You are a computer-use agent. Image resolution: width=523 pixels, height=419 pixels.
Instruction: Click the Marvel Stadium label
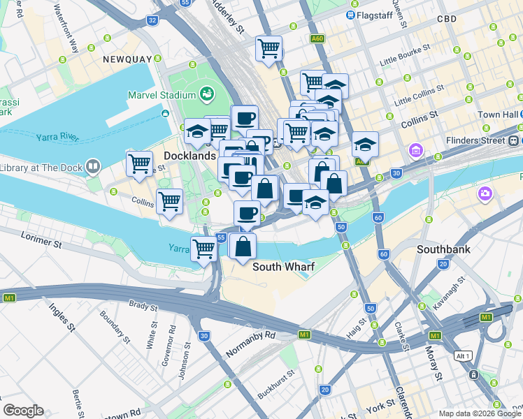pyautogui.click(x=162, y=96)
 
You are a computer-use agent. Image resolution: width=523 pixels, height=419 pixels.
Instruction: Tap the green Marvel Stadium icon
pyautogui.click(x=206, y=94)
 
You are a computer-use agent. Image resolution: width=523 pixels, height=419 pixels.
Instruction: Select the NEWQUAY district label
pyautogui.click(x=127, y=59)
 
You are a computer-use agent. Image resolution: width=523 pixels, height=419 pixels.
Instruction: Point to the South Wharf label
pyautogui.click(x=283, y=267)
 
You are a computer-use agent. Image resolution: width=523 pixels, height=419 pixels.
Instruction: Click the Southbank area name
pyautogui.click(x=443, y=249)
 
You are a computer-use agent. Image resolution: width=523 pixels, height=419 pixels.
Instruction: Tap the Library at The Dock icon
pyautogui.click(x=92, y=167)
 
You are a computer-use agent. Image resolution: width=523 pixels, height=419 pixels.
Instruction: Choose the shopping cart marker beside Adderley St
pyautogui.click(x=268, y=49)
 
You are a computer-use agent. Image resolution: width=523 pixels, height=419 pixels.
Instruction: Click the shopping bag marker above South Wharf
pyautogui.click(x=243, y=247)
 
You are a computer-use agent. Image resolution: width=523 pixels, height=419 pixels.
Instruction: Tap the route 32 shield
pyautogui.click(x=152, y=21)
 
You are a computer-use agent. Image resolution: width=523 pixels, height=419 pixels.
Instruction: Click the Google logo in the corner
pyautogui.click(x=23, y=411)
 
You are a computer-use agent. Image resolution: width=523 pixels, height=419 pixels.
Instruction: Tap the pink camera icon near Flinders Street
pyautogui.click(x=485, y=193)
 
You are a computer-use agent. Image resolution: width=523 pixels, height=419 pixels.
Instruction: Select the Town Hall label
pyautogui.click(x=497, y=115)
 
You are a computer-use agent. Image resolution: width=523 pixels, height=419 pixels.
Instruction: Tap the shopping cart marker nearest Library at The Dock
pyautogui.click(x=139, y=163)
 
